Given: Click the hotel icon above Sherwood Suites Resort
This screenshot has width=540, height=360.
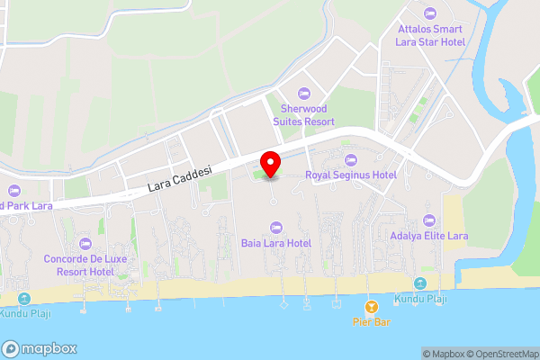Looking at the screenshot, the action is [x=303, y=94].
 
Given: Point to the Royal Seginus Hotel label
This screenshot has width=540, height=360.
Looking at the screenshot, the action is [x=351, y=175].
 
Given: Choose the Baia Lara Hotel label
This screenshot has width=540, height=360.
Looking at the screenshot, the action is [x=275, y=243].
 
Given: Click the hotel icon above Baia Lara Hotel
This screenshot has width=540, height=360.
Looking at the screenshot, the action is [x=275, y=227].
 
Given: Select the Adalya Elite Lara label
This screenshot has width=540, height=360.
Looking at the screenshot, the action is [x=429, y=236].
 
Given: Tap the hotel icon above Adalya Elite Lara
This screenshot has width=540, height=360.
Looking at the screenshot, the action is [x=429, y=220].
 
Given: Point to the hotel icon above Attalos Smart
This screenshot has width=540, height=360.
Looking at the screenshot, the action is [x=429, y=13].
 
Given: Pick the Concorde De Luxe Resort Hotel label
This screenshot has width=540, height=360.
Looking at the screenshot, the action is [x=85, y=265].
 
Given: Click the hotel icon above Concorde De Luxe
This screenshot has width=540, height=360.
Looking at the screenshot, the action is [x=85, y=244].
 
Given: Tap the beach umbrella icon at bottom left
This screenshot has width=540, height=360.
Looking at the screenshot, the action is [x=22, y=298].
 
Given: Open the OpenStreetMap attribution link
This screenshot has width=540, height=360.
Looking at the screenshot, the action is [x=500, y=354].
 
